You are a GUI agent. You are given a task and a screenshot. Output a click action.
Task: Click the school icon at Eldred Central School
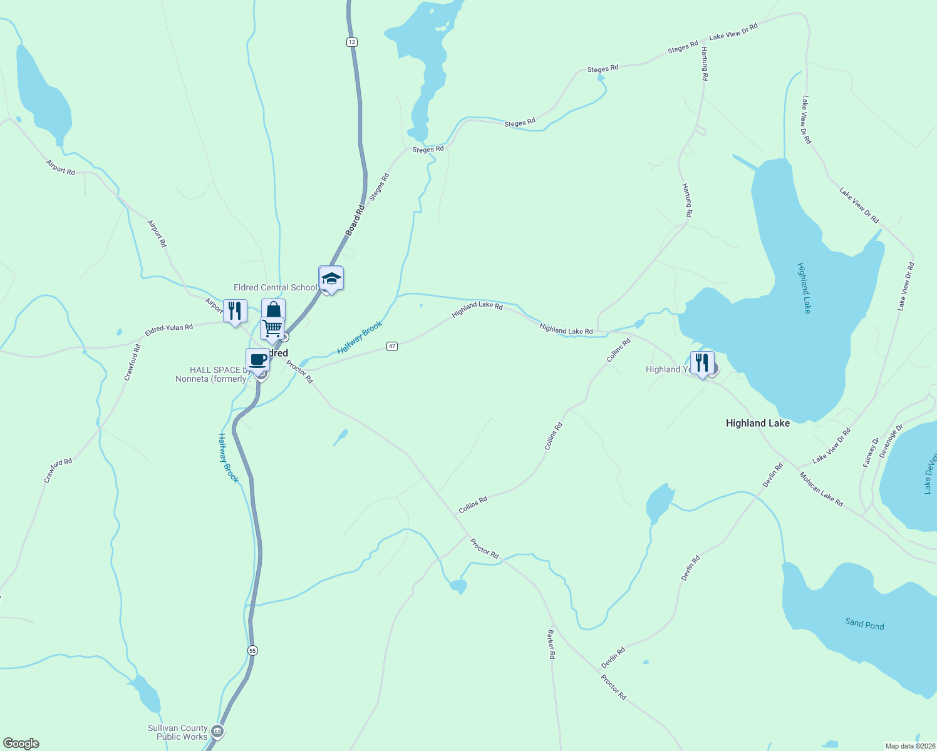coord(331,278)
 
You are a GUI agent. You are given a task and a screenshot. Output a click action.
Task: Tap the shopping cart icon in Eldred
coord(272,327)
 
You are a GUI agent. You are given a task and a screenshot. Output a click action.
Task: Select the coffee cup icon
coord(257,360)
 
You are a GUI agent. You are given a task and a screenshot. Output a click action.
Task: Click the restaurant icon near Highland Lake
coord(702,362)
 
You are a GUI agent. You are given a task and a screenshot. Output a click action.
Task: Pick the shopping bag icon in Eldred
coord(273,310)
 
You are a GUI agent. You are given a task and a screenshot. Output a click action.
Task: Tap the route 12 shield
coord(352,42)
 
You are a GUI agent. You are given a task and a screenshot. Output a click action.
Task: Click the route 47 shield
coord(392,346)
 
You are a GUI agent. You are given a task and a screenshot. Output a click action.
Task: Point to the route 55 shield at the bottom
coord(252,650)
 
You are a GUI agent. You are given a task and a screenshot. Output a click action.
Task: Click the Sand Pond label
coord(864,624)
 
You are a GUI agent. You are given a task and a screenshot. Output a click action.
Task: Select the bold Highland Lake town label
coord(757,423)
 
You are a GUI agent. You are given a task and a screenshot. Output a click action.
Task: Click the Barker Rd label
coord(551,644)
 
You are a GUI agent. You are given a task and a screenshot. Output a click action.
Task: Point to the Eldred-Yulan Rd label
coord(169,329)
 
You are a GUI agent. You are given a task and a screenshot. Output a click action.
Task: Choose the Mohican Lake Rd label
coord(821,489)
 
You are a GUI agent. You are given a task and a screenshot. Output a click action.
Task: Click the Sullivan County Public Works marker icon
coord(217,730)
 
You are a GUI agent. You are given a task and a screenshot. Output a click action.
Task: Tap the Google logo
coord(21,743)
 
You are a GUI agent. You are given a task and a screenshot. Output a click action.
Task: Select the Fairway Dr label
coord(871,452)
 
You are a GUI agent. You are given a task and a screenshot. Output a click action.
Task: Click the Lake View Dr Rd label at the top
coord(733,32)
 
